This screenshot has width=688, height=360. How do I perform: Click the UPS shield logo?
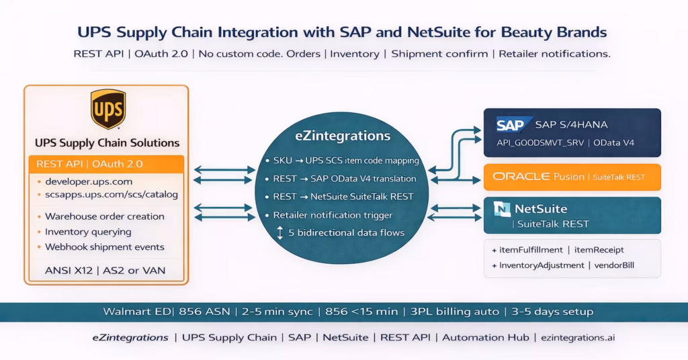[x=107, y=109]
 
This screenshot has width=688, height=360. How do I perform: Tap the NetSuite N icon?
[x=502, y=209]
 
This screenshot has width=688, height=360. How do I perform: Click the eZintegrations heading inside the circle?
[x=343, y=136]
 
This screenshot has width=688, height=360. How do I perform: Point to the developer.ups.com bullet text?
[x=89, y=181]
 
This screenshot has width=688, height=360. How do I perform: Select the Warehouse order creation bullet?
[x=104, y=216]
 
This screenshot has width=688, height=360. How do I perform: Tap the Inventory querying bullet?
[x=88, y=232]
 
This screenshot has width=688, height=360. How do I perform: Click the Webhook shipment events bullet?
[x=104, y=246]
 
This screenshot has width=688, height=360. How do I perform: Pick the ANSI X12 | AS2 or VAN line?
[x=106, y=271]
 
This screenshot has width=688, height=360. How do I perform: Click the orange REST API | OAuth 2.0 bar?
[x=106, y=164]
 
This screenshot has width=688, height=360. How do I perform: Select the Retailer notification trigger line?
[x=333, y=216]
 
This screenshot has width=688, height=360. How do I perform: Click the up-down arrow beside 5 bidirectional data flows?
[x=280, y=233]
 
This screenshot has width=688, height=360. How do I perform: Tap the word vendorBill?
[x=613, y=265]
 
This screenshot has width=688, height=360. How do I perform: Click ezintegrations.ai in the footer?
[x=578, y=338]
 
